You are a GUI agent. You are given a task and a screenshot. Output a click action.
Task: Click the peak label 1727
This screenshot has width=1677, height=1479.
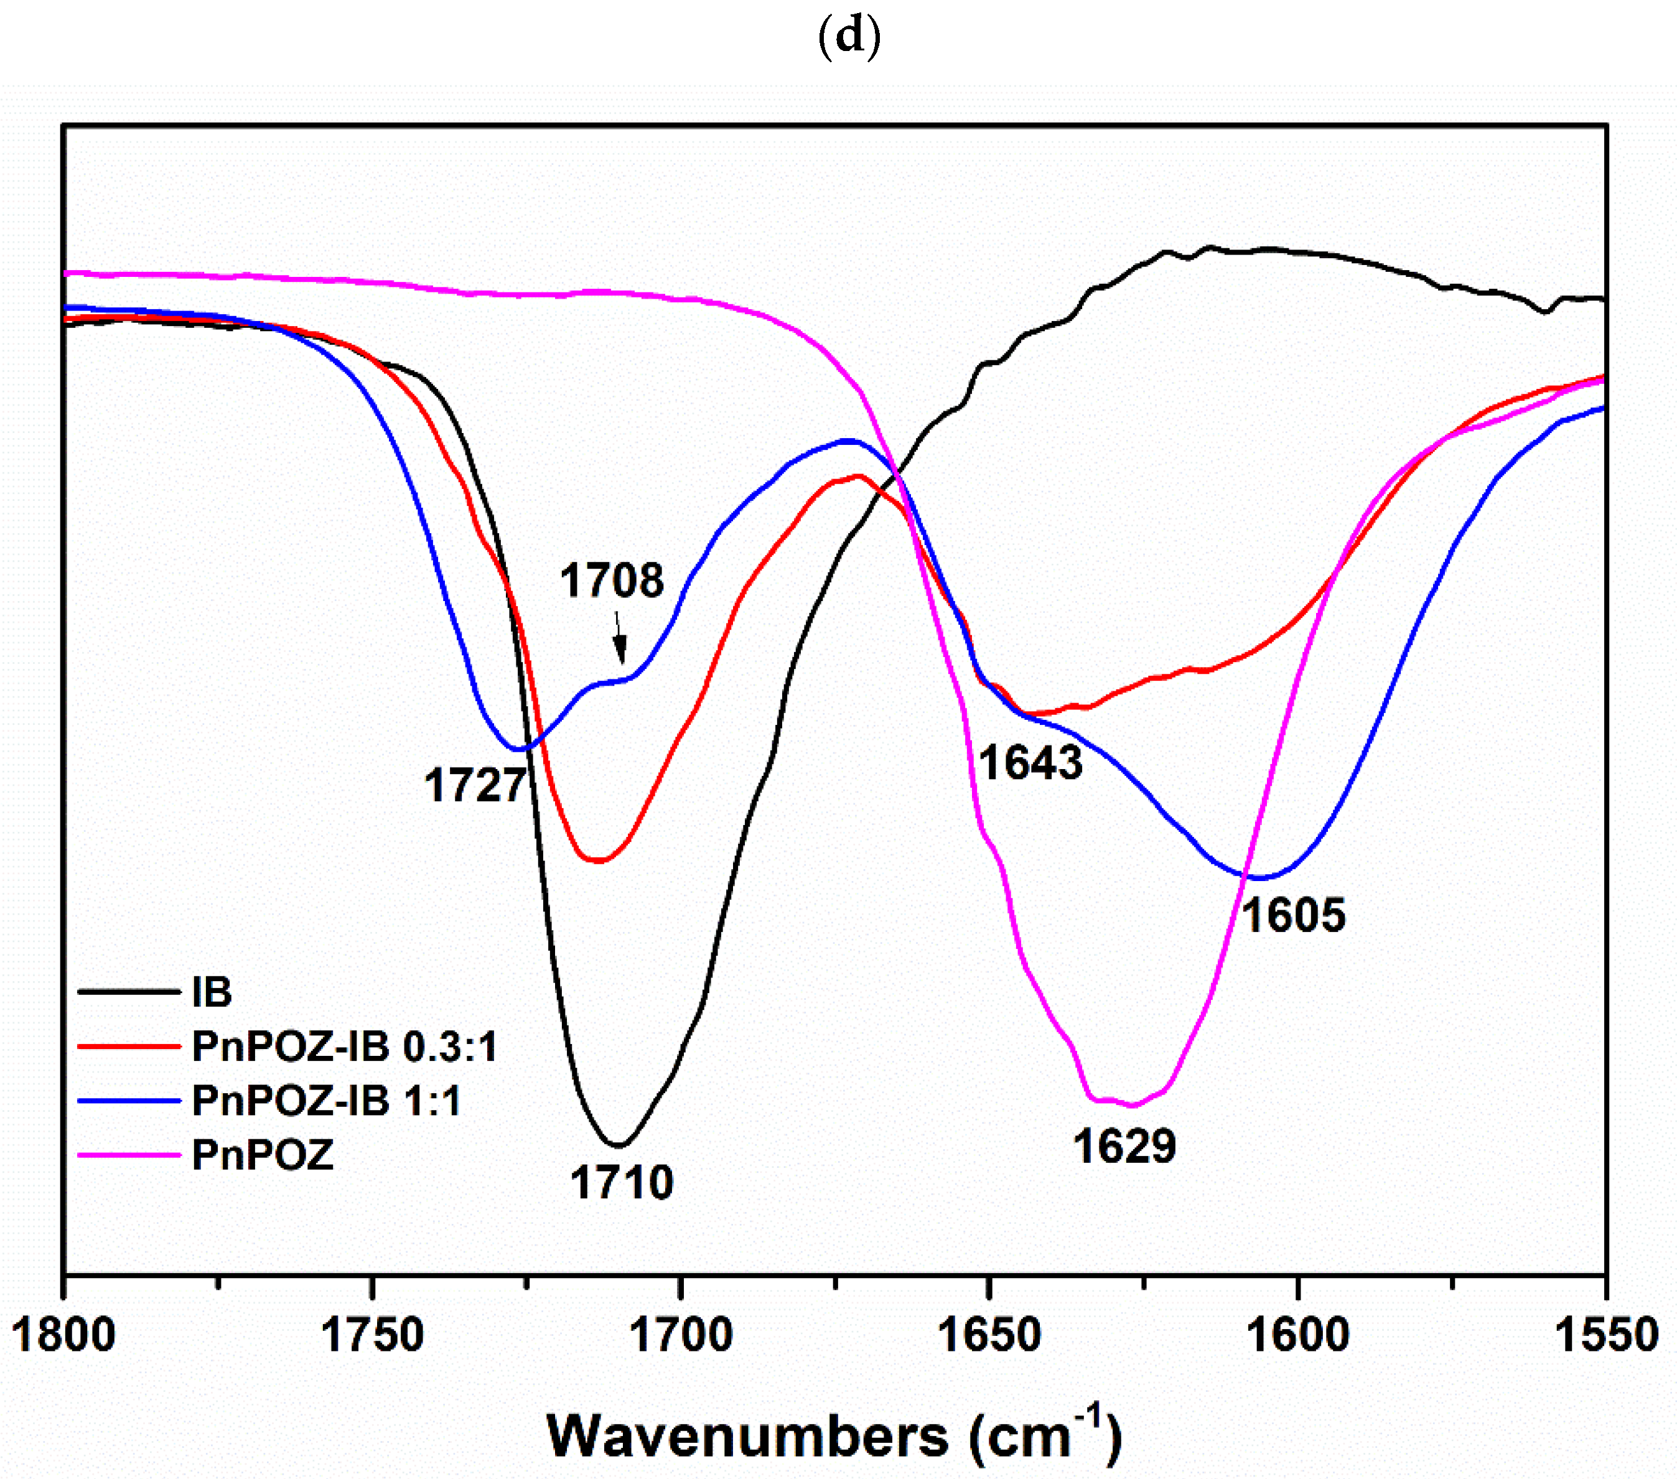474,786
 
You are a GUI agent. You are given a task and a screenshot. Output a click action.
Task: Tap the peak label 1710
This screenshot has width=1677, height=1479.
622,1183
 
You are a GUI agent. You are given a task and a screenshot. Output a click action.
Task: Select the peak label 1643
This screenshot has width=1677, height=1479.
1030,763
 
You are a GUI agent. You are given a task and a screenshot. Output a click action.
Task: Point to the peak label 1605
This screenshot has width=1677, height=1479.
1293,915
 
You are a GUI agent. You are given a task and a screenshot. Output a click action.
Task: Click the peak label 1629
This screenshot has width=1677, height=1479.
1124,1146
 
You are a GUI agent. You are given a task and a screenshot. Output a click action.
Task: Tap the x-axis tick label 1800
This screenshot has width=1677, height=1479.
64,1335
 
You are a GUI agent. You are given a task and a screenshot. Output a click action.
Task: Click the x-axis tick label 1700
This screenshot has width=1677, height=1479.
680,1335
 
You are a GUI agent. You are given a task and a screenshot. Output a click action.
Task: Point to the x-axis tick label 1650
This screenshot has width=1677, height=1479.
989,1335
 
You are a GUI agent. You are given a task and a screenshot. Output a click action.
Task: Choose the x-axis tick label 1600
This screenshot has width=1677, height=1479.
1297,1335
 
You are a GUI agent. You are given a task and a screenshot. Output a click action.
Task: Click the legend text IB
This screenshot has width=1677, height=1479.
212,992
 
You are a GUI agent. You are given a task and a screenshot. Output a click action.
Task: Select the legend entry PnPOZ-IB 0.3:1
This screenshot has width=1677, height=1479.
345,1047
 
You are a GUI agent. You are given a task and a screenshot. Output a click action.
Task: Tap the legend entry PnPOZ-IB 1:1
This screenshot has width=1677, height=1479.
327,1101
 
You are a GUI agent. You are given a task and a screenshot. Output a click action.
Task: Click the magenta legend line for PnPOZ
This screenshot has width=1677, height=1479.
129,1155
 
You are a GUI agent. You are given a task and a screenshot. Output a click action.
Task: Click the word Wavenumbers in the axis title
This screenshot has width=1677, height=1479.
747,1435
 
